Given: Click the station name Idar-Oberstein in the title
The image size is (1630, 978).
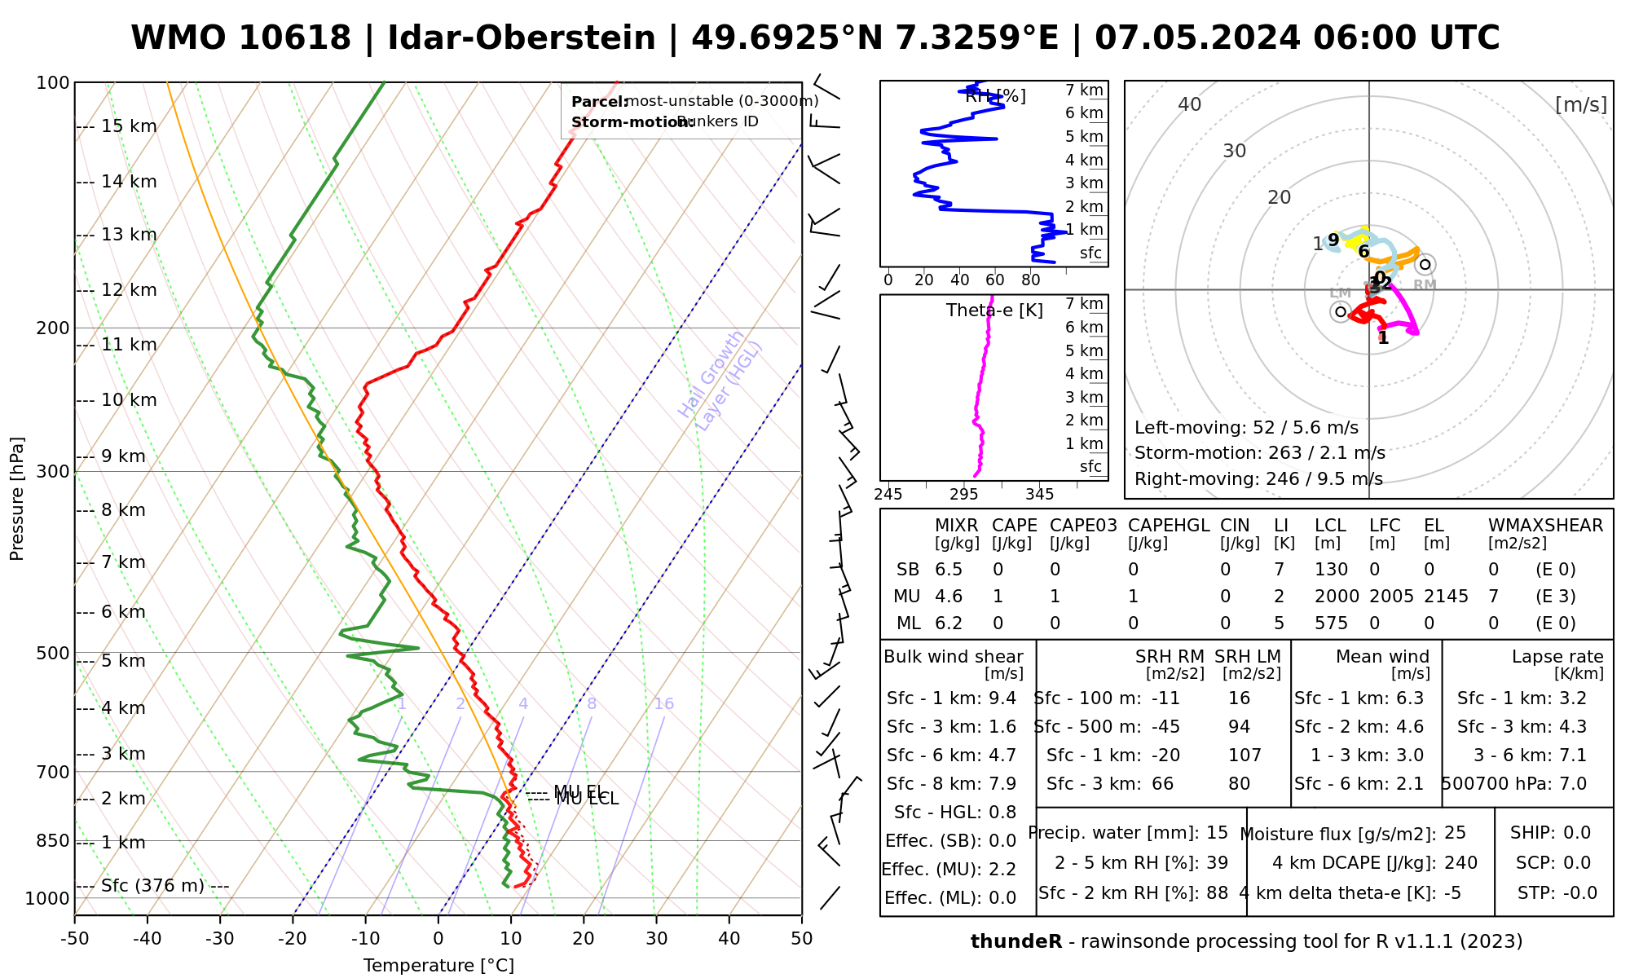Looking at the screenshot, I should [522, 38].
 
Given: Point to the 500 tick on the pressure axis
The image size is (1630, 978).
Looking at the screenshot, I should [53, 653].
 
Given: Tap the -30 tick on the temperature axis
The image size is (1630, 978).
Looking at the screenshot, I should [220, 939].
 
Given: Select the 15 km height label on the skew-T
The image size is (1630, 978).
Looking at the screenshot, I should [129, 126].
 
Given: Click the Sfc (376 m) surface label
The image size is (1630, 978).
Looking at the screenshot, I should [152, 886].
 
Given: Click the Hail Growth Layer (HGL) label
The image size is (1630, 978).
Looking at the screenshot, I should [720, 381].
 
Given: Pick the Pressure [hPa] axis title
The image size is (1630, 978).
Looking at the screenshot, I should [17, 499].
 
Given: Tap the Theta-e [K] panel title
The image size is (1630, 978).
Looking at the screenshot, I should [994, 311].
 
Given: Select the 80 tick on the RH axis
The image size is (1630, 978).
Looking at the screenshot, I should [1031, 280].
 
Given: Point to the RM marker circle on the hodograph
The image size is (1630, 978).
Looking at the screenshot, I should [1425, 264].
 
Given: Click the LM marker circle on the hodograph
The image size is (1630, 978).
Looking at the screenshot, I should [1341, 311].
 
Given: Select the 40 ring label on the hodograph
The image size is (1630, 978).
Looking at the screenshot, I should [1190, 104].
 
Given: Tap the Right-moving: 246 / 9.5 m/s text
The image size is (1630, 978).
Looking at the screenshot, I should [1258, 478].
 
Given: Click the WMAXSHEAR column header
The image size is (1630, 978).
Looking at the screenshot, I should [1545, 526].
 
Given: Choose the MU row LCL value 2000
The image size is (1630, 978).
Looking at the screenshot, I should [1337, 597].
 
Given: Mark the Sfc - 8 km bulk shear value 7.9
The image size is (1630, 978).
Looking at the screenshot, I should [1002, 784].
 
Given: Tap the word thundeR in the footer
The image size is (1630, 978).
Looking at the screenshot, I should [1016, 942].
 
